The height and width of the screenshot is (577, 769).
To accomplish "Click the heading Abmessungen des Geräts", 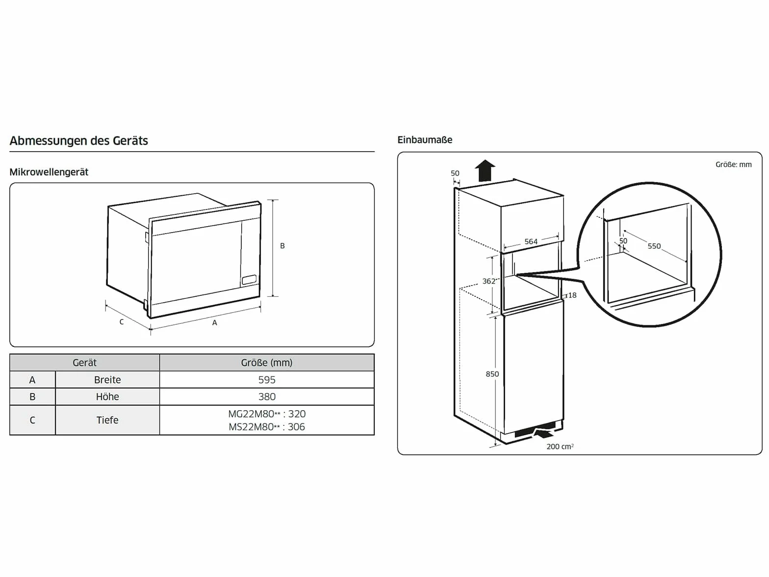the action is pyautogui.click(x=79, y=140).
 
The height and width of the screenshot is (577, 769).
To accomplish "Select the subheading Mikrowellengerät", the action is pyautogui.click(x=49, y=172).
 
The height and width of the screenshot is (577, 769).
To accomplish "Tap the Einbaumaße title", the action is pyautogui.click(x=425, y=140).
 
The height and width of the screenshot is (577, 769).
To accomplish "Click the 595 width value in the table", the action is pyautogui.click(x=267, y=380).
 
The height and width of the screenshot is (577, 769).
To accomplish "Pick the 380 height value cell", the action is pyautogui.click(x=267, y=396).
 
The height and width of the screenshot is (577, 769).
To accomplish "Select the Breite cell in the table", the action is pyautogui.click(x=107, y=380).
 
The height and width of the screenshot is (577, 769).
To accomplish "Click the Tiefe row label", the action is pyautogui.click(x=107, y=420).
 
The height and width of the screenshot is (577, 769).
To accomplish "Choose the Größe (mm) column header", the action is pyautogui.click(x=267, y=363).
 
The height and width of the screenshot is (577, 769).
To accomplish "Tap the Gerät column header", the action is pyautogui.click(x=84, y=363).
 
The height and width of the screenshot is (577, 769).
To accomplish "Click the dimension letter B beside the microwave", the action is pyautogui.click(x=282, y=246).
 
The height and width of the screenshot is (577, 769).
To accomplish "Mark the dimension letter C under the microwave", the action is pyautogui.click(x=122, y=322).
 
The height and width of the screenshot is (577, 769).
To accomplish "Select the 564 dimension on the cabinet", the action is pyautogui.click(x=531, y=241).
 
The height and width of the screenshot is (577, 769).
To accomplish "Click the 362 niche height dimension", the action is pyautogui.click(x=489, y=281).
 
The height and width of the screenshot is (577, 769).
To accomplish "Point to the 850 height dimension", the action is pyautogui.click(x=492, y=374).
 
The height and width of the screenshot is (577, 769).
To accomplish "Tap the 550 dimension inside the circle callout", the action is pyautogui.click(x=654, y=246).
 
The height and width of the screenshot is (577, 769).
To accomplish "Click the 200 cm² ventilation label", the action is pyautogui.click(x=560, y=446).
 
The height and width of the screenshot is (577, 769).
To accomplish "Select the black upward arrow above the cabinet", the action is pyautogui.click(x=485, y=170).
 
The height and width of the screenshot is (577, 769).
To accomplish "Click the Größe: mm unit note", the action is pyautogui.click(x=733, y=164).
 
